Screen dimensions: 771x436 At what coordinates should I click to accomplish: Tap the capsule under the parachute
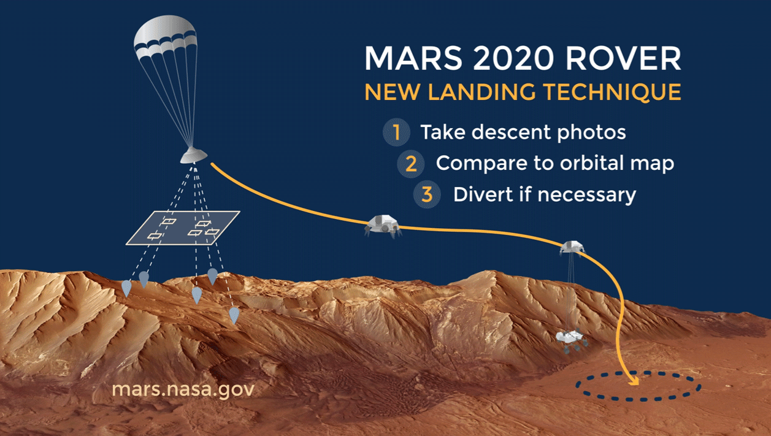point(194,155)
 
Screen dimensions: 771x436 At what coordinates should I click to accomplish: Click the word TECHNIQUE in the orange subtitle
point(612,92)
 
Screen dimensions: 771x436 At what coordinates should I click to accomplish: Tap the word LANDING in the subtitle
point(482,92)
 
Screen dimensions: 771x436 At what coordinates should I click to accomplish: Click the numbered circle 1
point(396,132)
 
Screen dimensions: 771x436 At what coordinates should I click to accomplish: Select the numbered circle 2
point(410,164)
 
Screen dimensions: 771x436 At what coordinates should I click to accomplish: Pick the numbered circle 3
point(427,194)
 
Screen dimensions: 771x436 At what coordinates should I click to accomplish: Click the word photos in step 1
point(591,133)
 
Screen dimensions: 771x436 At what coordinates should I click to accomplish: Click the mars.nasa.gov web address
point(183,390)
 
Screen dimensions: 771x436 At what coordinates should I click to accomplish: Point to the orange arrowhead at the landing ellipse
point(634,380)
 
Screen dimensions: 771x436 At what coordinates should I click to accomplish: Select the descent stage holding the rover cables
point(572,247)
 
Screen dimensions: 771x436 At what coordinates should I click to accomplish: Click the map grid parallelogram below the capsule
point(183,228)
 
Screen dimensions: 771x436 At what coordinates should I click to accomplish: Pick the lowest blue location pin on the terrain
point(234,315)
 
